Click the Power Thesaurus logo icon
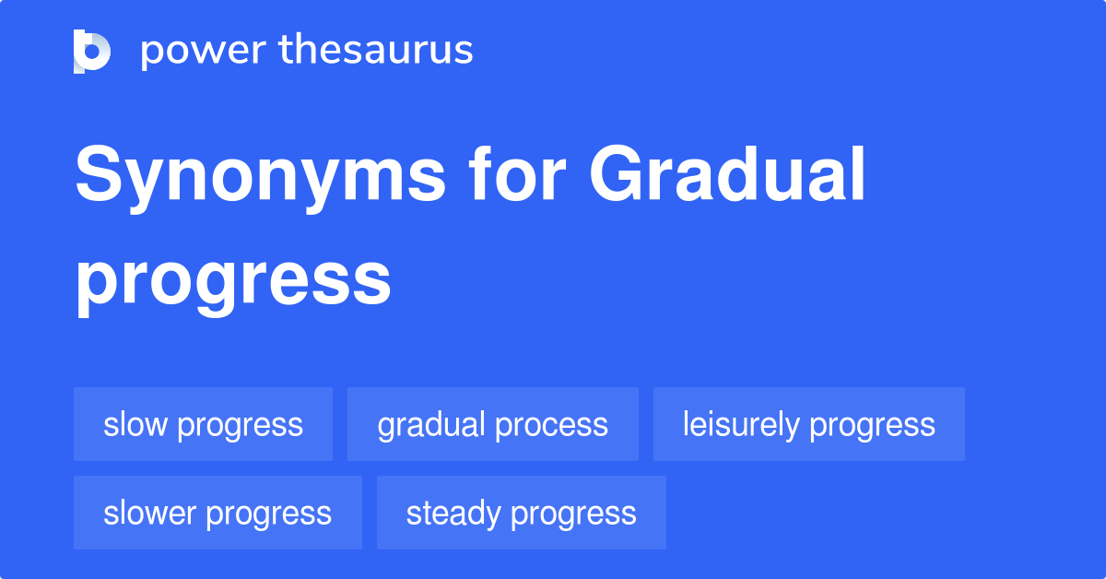pyautogui.click(x=92, y=51)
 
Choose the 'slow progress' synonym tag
pyautogui.click(x=203, y=424)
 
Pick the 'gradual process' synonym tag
pyautogui.click(x=492, y=424)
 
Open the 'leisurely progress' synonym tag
pyautogui.click(x=808, y=424)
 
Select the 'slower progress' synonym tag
pyautogui.click(x=218, y=513)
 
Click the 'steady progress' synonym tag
pyautogui.click(x=521, y=513)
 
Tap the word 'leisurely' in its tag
pyautogui.click(x=741, y=424)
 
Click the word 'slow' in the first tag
pyautogui.click(x=135, y=424)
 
